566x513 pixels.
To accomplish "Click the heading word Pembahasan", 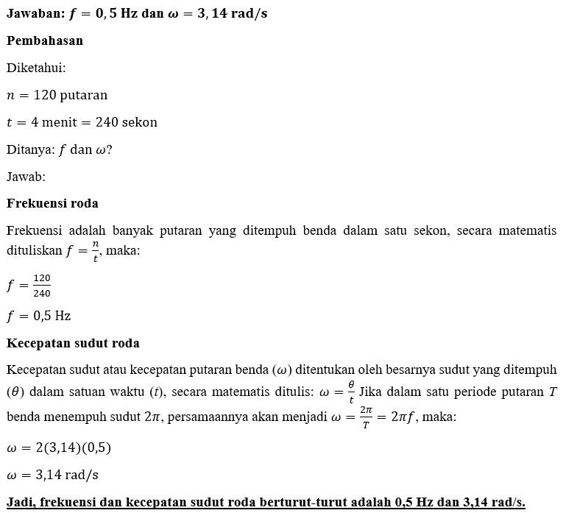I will point(45,40).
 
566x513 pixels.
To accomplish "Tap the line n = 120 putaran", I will point(57,95).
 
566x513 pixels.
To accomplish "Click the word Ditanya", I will point(28,149).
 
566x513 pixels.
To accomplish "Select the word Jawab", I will point(24,177).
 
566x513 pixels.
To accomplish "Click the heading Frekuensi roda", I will point(52,203).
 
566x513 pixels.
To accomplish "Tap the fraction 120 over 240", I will point(42,286).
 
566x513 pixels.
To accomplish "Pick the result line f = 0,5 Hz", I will point(39,316).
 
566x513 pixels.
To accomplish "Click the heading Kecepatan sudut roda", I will point(73,343).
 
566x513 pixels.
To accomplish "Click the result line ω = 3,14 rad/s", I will point(52,474).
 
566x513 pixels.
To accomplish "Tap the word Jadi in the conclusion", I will point(20,502).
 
